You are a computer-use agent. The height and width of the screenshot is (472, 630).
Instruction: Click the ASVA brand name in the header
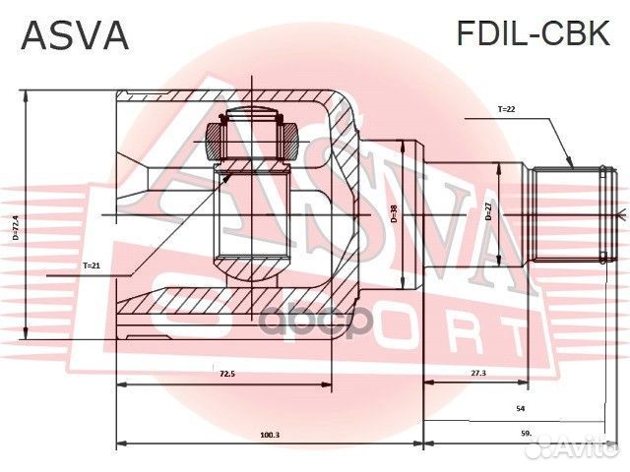tap(75, 35)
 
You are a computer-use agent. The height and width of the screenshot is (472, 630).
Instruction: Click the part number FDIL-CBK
tap(533, 35)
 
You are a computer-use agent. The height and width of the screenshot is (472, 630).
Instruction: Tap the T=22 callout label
tap(506, 109)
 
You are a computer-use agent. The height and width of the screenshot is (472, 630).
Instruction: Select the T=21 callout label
tap(92, 265)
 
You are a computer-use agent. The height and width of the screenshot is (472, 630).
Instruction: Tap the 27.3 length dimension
tap(476, 375)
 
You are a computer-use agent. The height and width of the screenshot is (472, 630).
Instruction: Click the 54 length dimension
tap(520, 406)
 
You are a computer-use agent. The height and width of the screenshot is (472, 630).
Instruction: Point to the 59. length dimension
tap(526, 434)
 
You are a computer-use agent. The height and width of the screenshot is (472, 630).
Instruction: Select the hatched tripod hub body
tap(252, 226)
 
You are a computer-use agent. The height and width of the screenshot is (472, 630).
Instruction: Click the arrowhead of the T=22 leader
tap(572, 167)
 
